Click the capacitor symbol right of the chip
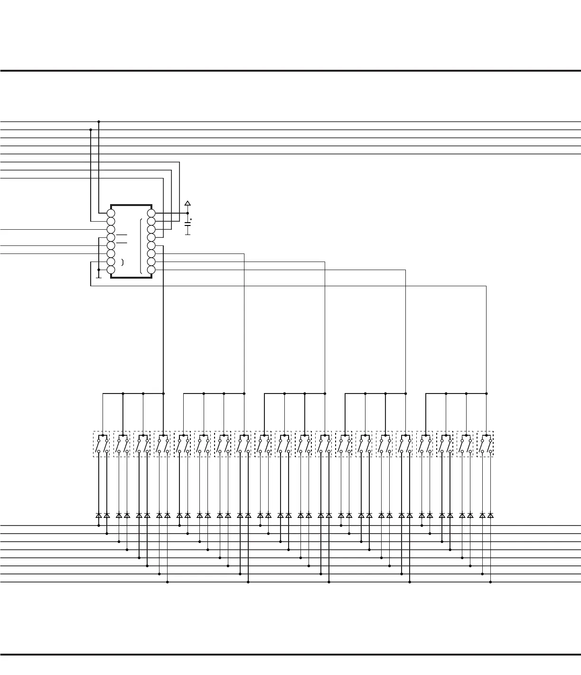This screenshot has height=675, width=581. coord(187,224)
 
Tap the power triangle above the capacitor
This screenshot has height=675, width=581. coord(187,204)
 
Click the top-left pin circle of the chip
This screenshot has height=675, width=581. coord(111,213)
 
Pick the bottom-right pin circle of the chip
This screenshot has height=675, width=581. coord(151,270)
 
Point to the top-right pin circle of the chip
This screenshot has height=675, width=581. coord(151,213)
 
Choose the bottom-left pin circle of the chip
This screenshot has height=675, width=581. coord(111,270)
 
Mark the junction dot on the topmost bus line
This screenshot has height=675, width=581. coord(99,122)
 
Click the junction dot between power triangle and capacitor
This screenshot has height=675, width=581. coord(187,213)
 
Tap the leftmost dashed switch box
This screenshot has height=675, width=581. coord(102,444)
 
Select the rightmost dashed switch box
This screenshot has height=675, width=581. coord(485,444)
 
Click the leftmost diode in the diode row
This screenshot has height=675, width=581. coord(99,515)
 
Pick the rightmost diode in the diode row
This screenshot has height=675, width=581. coord(490,515)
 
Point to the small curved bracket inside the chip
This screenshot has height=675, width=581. coord(123,262)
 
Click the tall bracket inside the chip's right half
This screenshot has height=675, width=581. coord(141,247)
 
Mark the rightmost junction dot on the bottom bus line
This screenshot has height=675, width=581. coord(490,582)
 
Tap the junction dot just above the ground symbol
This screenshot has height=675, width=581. coord(99,270)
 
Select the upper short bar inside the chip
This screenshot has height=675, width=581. coord(122,235)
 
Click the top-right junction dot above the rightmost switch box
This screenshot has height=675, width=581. coord(487,394)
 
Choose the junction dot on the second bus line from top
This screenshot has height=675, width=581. coord(91,130)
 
